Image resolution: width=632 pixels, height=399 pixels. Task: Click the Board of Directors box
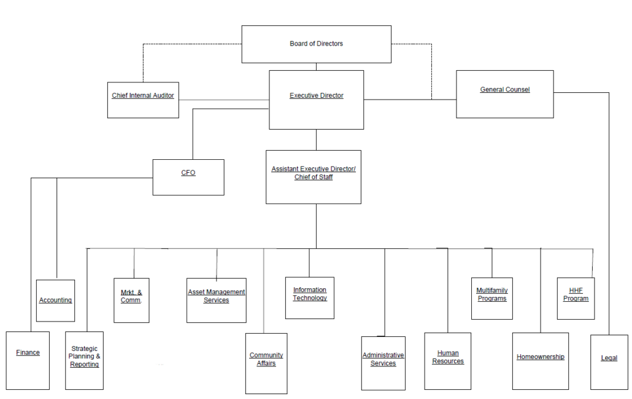pyautogui.click(x=317, y=44)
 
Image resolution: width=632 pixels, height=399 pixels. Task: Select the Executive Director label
pyautogui.click(x=317, y=96)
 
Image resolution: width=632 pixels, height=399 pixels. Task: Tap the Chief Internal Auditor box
pyautogui.click(x=143, y=100)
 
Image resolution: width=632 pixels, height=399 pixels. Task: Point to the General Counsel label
pyautogui.click(x=504, y=90)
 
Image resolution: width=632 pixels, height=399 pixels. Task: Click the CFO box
pyautogui.click(x=188, y=177)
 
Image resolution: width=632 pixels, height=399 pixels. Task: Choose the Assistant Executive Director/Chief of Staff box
pyautogui.click(x=314, y=177)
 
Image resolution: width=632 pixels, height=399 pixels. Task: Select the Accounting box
pyautogui.click(x=56, y=301)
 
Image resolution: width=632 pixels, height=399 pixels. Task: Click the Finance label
pyautogui.click(x=28, y=352)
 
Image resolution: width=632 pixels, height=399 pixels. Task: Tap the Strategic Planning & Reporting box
pyautogui.click(x=84, y=361)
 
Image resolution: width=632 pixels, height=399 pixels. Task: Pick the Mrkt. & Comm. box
pyautogui.click(x=131, y=301)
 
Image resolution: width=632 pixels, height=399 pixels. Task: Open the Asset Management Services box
pyautogui.click(x=217, y=301)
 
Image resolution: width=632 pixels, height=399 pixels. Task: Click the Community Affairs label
pyautogui.click(x=266, y=360)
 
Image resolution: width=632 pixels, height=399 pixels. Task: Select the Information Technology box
pyautogui.click(x=309, y=298)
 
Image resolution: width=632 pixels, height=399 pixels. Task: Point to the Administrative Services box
pyautogui.click(x=383, y=363)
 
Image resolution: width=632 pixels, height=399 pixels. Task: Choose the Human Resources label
pyautogui.click(x=448, y=357)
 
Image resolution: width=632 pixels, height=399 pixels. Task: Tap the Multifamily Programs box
pyautogui.click(x=492, y=298)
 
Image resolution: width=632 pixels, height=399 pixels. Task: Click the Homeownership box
pyautogui.click(x=541, y=361)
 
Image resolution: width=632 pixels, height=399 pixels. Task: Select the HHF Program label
pyautogui.click(x=576, y=294)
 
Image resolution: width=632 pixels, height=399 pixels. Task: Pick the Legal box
pyautogui.click(x=609, y=362)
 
